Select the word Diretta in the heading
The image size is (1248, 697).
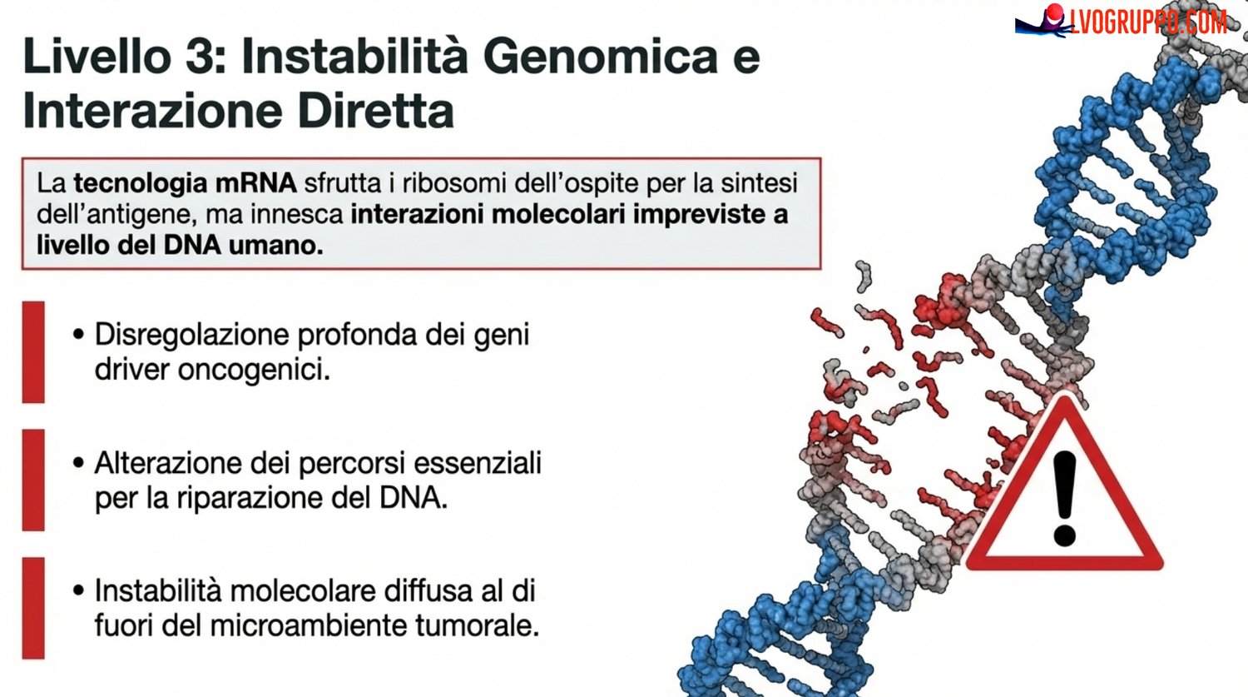[x=375, y=110]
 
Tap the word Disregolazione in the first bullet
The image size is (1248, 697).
[x=192, y=335]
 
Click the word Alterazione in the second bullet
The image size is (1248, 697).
[x=168, y=463]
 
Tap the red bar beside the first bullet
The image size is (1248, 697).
[x=33, y=352]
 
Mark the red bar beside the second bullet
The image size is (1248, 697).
[x=33, y=480]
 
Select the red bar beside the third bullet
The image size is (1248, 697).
[x=33, y=608]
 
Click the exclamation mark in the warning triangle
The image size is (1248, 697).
[x=1064, y=498]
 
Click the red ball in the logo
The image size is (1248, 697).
[x=1055, y=13]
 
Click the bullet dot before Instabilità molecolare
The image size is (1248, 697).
[x=78, y=590]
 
